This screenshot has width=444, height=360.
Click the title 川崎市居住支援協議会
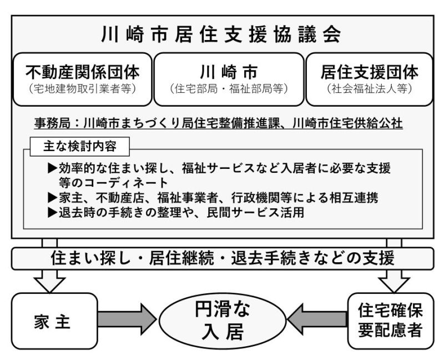(221, 34)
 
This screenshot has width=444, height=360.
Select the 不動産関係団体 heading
(83, 73)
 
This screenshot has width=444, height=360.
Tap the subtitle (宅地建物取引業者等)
(82, 89)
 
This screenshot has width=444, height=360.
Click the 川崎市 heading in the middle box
(229, 73)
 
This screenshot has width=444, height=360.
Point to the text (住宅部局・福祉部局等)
(229, 89)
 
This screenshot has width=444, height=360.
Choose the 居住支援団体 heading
(370, 73)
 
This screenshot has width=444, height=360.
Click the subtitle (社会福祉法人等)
(369, 89)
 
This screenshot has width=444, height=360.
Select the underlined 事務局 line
(218, 123)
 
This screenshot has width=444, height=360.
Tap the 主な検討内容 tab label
(79, 147)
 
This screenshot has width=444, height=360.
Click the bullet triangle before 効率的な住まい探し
(53, 168)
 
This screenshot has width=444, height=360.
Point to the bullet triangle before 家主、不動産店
(53, 198)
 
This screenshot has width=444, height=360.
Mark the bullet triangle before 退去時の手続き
(53, 212)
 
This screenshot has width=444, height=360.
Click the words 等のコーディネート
(113, 183)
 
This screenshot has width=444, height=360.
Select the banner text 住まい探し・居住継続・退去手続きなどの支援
(223, 258)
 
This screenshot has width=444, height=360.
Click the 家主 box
(54, 321)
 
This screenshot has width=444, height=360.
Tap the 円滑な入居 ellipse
(223, 321)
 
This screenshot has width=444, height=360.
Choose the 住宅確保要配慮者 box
(391, 321)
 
